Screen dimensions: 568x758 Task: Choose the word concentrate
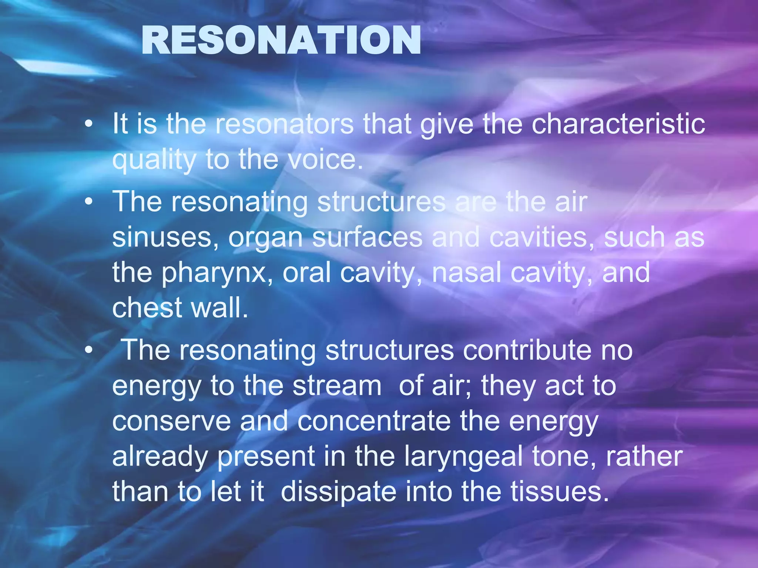[374, 421]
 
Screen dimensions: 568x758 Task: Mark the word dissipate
[338, 492]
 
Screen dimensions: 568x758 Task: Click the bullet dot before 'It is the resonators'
[88, 125]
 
